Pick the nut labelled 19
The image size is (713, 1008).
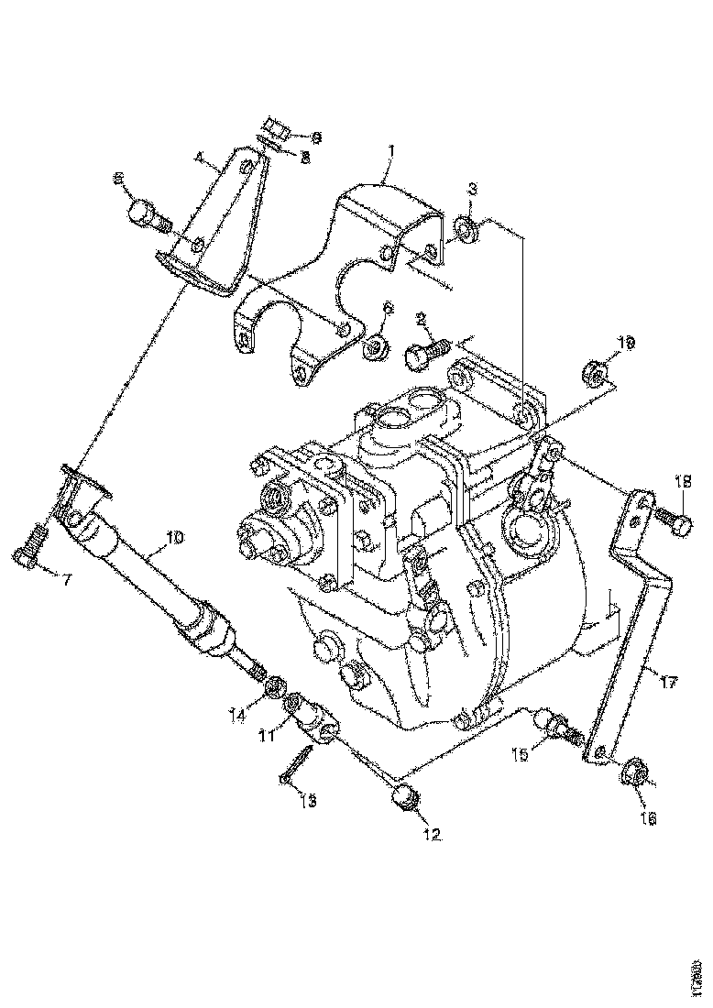click(592, 376)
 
